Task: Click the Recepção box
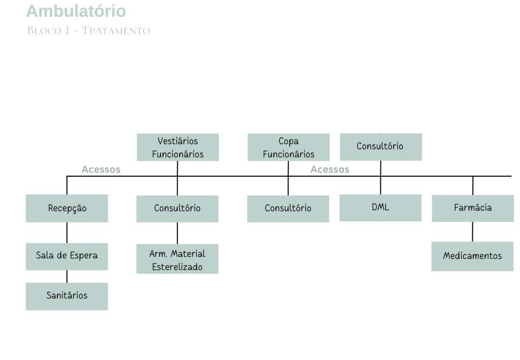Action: pyautogui.click(x=67, y=208)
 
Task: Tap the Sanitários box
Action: pyautogui.click(x=67, y=296)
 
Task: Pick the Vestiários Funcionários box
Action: pyautogui.click(x=178, y=147)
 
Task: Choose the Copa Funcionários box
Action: pyautogui.click(x=288, y=147)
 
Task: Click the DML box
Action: pyautogui.click(x=380, y=208)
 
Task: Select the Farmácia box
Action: pyautogui.click(x=473, y=208)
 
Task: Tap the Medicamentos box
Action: pyautogui.click(x=472, y=256)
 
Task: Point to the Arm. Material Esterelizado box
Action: pyautogui.click(x=177, y=259)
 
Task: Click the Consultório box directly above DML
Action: pyautogui.click(x=380, y=147)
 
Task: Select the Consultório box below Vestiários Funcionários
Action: pyautogui.click(x=177, y=209)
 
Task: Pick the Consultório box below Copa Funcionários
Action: pyautogui.click(x=288, y=209)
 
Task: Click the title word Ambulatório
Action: pyautogui.click(x=76, y=11)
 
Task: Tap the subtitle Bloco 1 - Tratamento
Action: pyautogui.click(x=88, y=31)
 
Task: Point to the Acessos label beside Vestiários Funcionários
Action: pyautogui.click(x=101, y=170)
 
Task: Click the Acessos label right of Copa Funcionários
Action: pyautogui.click(x=330, y=170)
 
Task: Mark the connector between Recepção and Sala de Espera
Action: pyautogui.click(x=67, y=233)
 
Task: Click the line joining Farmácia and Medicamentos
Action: pyautogui.click(x=473, y=232)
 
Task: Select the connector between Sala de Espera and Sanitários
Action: pyautogui.click(x=67, y=276)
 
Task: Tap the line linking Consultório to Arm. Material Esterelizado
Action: pyautogui.click(x=177, y=233)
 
